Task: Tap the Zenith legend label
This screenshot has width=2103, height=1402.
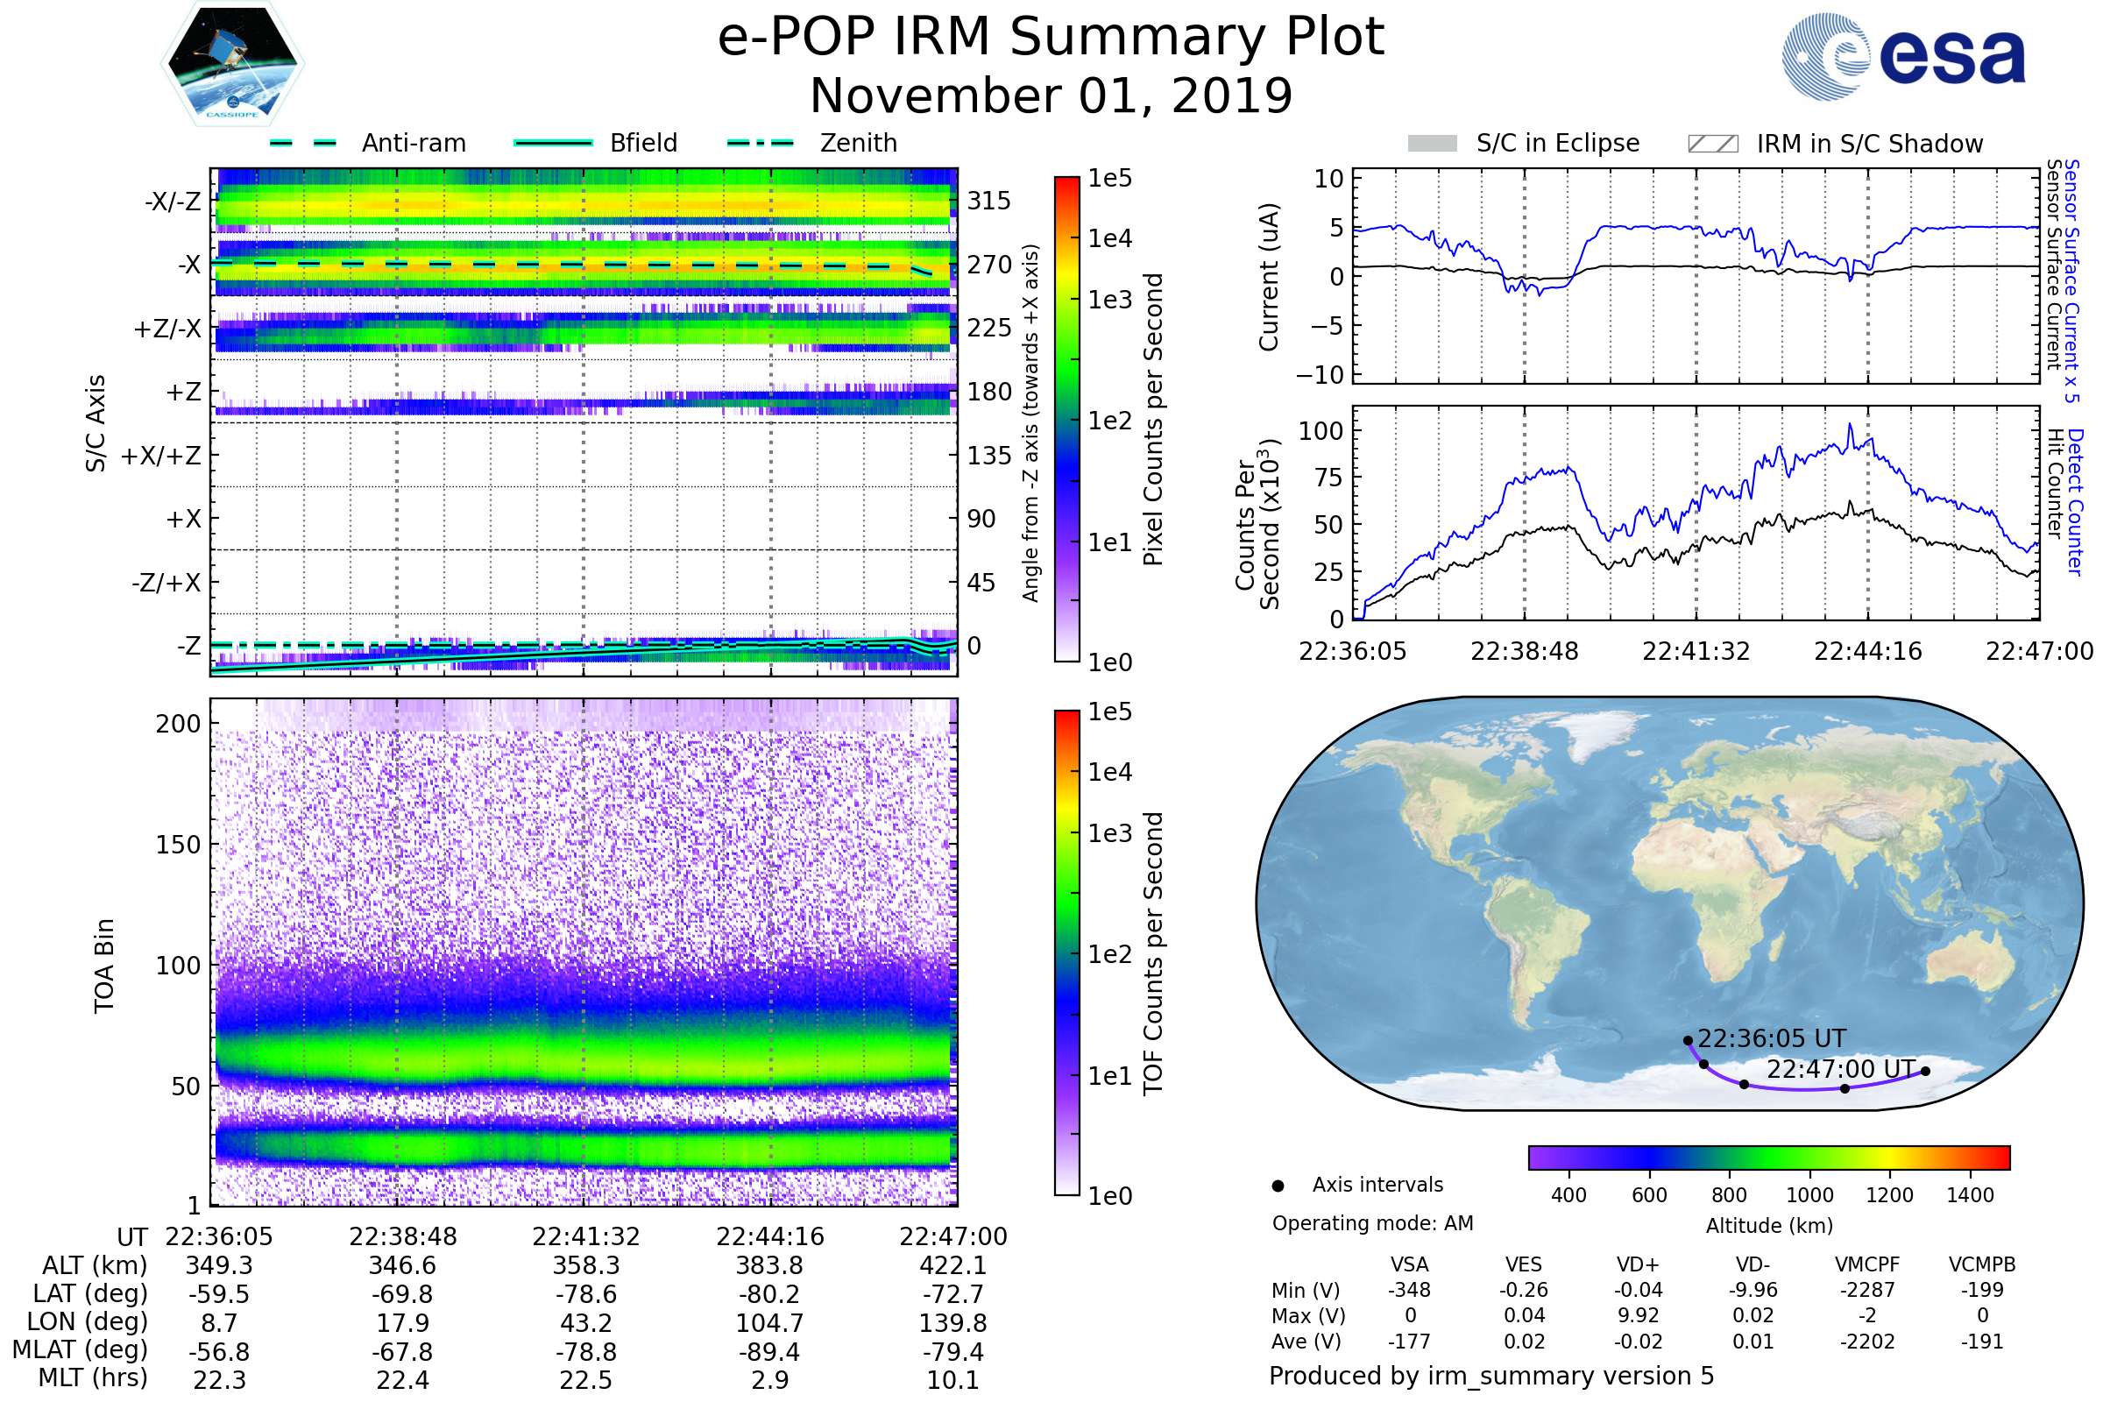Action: pos(858,143)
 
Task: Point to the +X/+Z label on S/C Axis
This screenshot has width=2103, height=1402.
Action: pos(161,456)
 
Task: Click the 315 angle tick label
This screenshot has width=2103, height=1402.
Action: pos(988,201)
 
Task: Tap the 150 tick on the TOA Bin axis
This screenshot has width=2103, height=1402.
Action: pos(178,845)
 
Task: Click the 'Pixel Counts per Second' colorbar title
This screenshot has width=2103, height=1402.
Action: pos(1153,420)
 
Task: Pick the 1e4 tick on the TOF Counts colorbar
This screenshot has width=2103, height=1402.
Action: pos(1109,772)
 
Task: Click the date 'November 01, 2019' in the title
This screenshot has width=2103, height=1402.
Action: pos(1051,96)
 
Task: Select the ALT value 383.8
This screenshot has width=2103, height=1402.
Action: pos(769,1266)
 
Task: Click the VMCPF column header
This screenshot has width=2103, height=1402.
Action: pos(1867,1265)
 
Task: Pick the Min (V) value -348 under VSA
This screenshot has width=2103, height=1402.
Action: pos(1409,1290)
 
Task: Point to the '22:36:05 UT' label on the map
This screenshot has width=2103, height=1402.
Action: pos(1771,1039)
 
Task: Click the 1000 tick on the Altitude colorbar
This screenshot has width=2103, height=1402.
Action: pos(1809,1195)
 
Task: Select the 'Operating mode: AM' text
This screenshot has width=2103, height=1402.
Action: pos(1372,1223)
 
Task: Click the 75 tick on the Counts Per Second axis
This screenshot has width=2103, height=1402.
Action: pos(1328,478)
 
